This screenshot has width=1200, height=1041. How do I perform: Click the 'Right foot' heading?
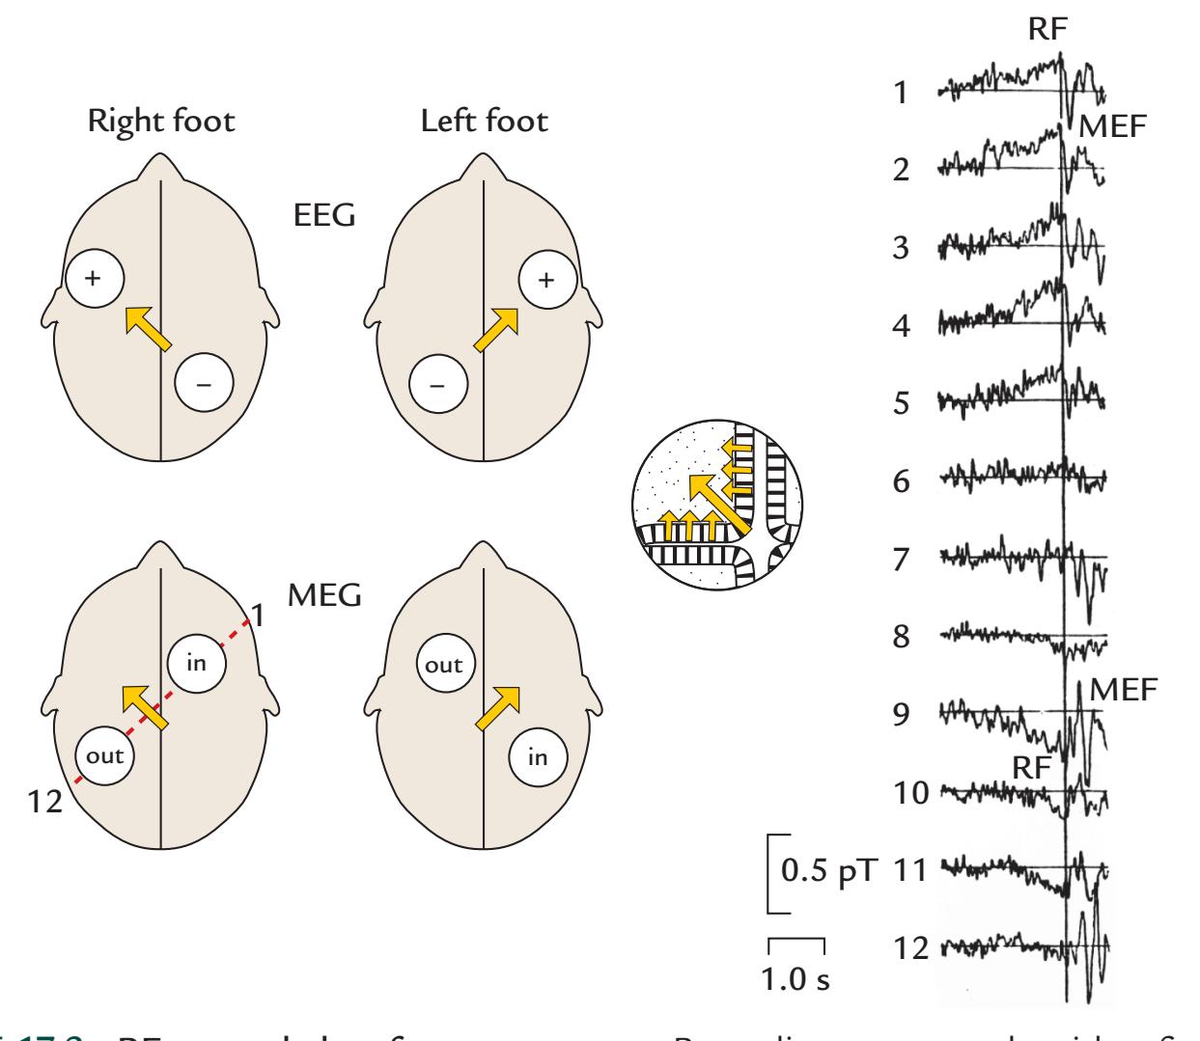(x=161, y=123)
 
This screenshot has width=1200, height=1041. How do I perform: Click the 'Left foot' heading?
(x=484, y=123)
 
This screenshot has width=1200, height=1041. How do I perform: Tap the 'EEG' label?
(x=324, y=216)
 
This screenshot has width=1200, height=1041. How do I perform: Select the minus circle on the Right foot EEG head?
(x=204, y=385)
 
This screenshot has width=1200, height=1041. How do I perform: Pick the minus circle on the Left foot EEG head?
(x=437, y=385)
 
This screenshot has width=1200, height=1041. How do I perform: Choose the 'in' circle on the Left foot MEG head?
(x=537, y=757)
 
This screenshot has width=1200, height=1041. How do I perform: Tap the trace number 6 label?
(x=900, y=481)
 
